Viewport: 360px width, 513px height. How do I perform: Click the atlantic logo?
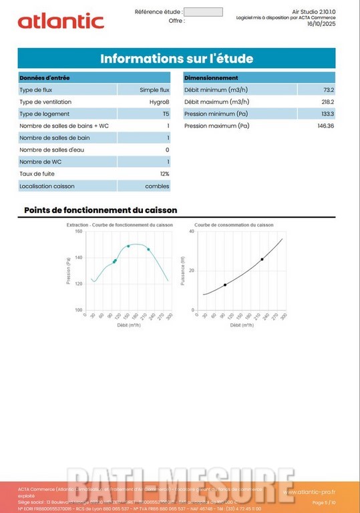click(x=61, y=21)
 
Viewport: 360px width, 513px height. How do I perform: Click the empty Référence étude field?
click(x=202, y=12)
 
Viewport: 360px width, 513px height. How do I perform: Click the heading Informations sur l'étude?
click(x=176, y=59)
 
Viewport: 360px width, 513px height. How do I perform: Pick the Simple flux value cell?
click(x=154, y=90)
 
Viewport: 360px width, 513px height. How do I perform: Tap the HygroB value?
click(x=159, y=102)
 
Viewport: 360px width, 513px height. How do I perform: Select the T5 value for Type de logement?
click(x=166, y=114)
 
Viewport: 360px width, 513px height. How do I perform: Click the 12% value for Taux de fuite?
click(x=164, y=174)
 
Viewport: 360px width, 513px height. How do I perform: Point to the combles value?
click(x=158, y=186)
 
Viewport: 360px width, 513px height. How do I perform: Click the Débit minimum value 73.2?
click(x=328, y=90)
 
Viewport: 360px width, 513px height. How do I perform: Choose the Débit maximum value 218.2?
click(x=327, y=102)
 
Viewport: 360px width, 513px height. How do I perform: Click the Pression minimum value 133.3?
click(x=327, y=114)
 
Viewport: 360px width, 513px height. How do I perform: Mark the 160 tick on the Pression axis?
click(x=78, y=232)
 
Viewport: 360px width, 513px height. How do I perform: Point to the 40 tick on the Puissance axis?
click(x=192, y=232)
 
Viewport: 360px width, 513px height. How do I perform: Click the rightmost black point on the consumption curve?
click(x=262, y=259)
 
